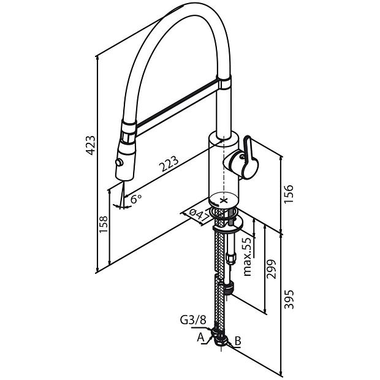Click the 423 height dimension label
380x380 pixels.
91,145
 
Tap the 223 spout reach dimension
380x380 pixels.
169,164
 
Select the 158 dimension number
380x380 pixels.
103,224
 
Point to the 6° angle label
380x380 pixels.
135,199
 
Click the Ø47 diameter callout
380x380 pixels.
199,215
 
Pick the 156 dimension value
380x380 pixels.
289,194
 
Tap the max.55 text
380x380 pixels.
248,257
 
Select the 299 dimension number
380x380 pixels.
271,269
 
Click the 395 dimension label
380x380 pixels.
289,299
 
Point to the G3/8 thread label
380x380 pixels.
193,320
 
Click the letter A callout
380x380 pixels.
200,337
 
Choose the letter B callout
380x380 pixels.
238,341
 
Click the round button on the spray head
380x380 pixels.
120,162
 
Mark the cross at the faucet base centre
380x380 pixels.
224,200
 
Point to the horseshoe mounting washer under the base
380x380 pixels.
228,225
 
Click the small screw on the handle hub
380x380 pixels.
241,156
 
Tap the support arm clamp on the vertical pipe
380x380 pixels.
224,83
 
